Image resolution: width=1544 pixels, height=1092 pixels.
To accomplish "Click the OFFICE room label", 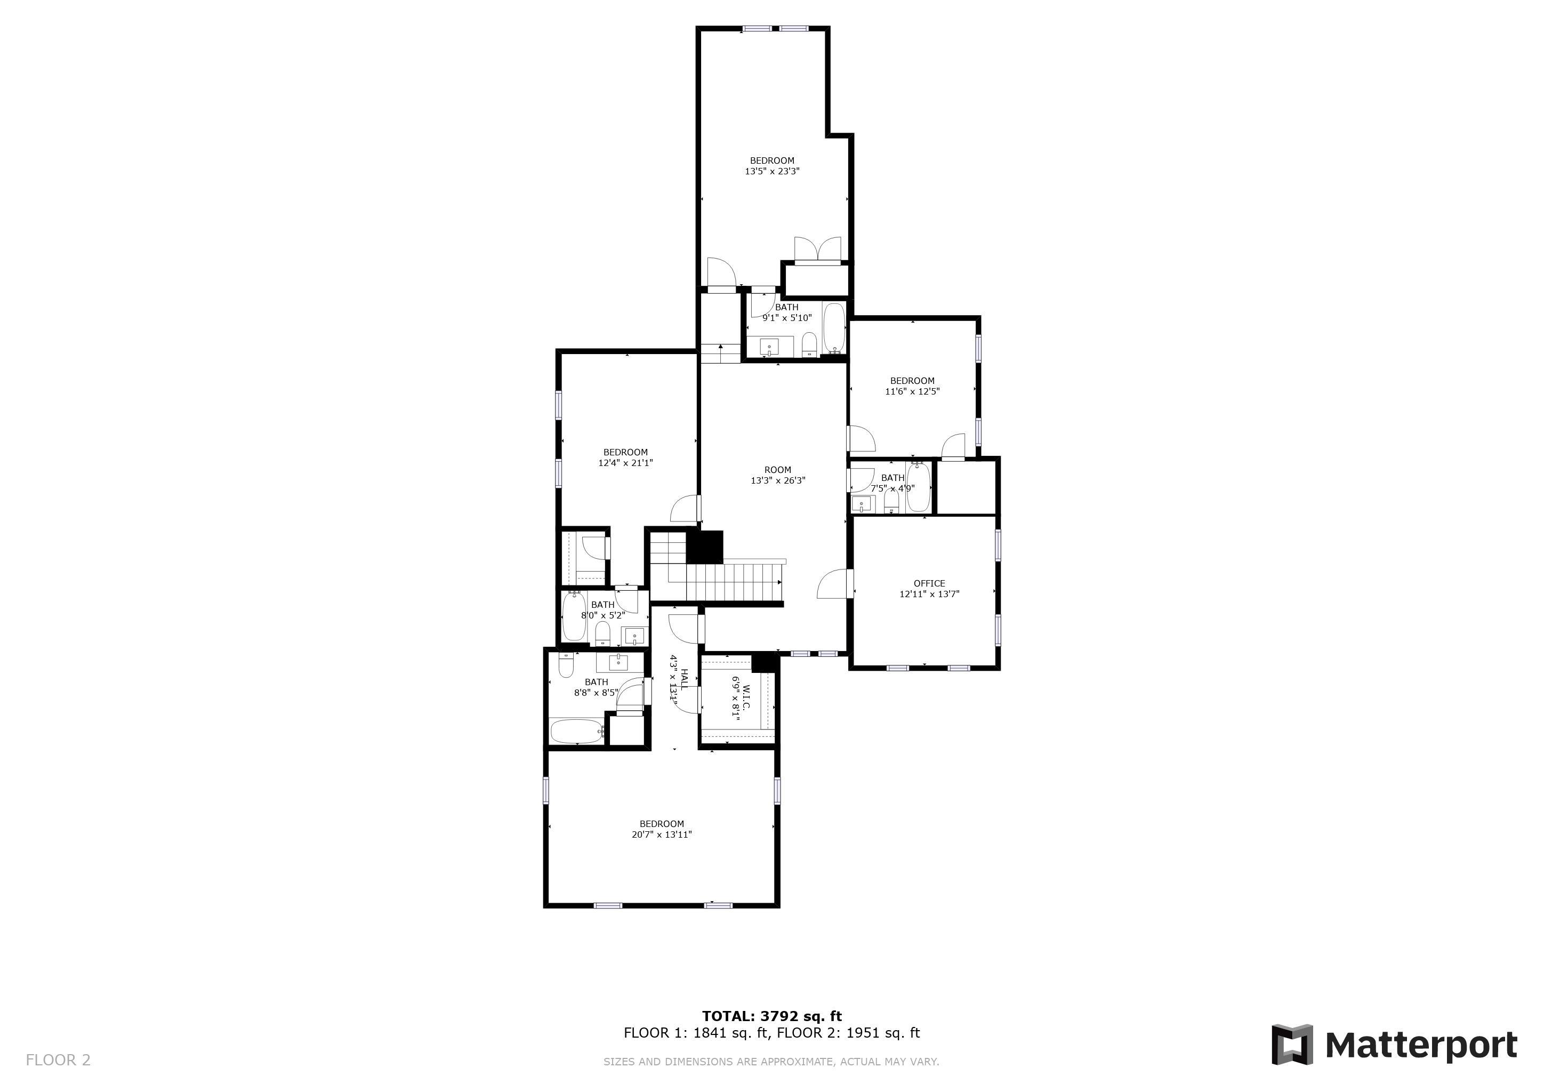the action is [929, 584].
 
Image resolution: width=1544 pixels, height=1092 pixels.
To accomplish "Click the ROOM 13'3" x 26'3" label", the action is [778, 476].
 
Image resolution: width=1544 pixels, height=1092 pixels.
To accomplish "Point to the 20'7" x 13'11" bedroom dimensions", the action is [662, 835].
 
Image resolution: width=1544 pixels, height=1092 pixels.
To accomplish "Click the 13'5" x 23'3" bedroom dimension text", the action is [772, 172].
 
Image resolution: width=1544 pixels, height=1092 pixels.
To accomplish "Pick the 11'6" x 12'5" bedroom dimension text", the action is [913, 391].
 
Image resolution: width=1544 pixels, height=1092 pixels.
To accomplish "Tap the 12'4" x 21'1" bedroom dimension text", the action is [625, 463].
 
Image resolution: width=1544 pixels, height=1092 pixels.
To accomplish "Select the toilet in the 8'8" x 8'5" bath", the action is [567, 665].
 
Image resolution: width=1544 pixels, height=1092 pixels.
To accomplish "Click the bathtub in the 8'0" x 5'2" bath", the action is [574, 616].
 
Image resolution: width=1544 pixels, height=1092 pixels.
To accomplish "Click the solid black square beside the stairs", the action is [704, 547].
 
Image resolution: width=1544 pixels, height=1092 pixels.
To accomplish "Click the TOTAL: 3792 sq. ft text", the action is [772, 1016].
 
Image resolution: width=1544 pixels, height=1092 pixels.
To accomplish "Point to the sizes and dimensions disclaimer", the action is [771, 1062].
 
